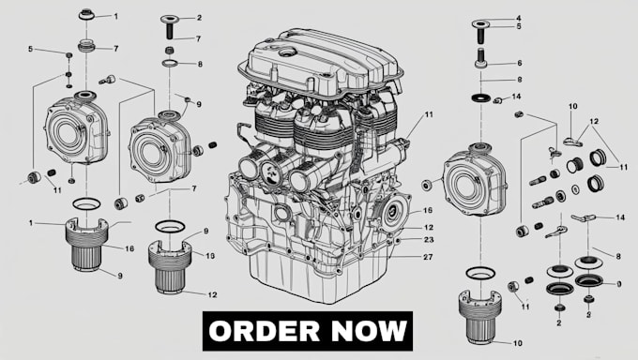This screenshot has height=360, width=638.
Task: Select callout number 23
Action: point(427,241)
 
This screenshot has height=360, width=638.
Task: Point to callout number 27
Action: point(427,256)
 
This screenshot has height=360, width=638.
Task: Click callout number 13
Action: point(210,256)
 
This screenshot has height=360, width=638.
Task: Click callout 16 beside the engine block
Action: point(427,211)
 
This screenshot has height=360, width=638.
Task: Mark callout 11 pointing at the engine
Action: point(428,115)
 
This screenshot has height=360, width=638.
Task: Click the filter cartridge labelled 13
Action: point(173,265)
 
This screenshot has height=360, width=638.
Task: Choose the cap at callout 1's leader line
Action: point(86,15)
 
